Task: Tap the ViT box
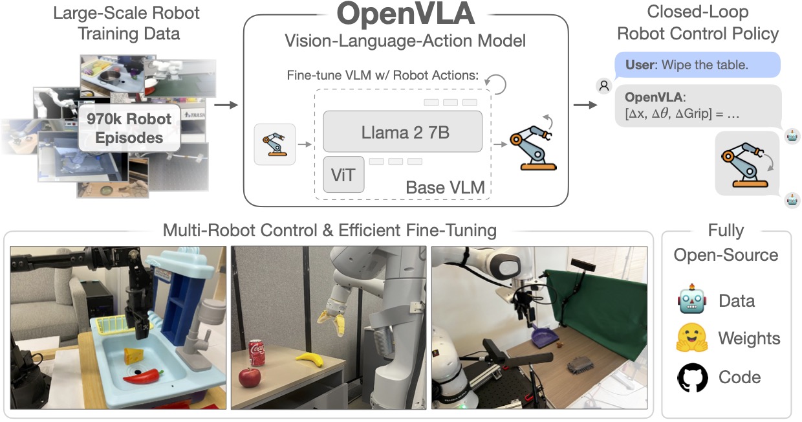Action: pyautogui.click(x=343, y=174)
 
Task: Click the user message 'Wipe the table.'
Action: pyautogui.click(x=697, y=65)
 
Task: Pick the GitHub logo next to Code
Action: pyautogui.click(x=693, y=377)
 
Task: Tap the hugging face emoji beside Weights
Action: pyautogui.click(x=692, y=339)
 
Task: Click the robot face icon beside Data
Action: pyautogui.click(x=693, y=300)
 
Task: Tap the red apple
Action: pyautogui.click(x=250, y=377)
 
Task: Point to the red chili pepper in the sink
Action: pyautogui.click(x=143, y=376)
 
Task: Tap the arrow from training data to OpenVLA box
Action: pyautogui.click(x=224, y=104)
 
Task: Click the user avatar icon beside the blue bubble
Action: pyautogui.click(x=603, y=85)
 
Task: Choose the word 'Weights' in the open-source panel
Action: pyautogui.click(x=749, y=339)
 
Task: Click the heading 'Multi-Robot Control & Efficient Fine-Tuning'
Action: pyautogui.click(x=330, y=230)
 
